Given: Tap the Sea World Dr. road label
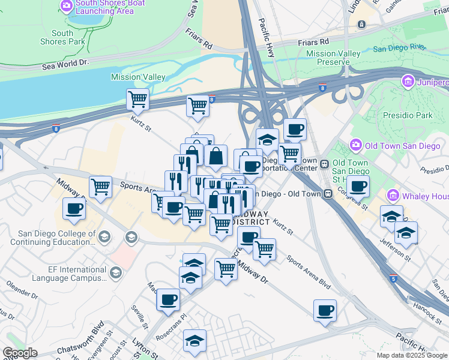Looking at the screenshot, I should click(x=65, y=62).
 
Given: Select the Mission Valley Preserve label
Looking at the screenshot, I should click(x=333, y=58).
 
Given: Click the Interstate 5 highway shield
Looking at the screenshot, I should click(x=393, y=279).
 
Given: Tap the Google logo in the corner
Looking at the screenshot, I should click(x=20, y=353).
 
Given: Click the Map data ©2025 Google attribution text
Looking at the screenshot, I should click(x=411, y=355).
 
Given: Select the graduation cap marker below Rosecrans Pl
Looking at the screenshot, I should click(x=194, y=341).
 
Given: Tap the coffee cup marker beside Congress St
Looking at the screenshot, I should click(x=358, y=187).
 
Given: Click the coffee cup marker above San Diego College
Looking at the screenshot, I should click(x=74, y=209).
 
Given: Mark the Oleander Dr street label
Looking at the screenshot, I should click(x=21, y=289).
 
